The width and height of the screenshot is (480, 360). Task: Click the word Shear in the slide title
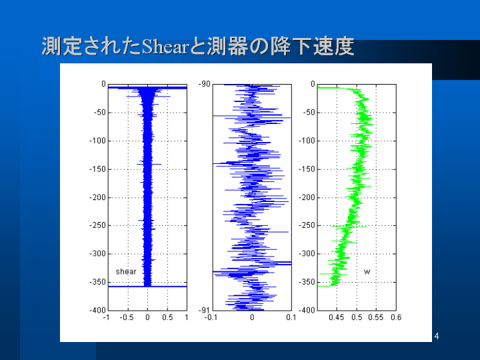165,47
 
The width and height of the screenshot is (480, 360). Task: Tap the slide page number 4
437,336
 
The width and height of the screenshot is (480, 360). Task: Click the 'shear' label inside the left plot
126,271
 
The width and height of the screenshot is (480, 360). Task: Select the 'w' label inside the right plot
367,272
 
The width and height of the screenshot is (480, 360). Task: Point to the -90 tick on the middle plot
204,84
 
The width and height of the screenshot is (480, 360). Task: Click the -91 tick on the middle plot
204,311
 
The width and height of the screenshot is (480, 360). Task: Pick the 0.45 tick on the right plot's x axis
337,317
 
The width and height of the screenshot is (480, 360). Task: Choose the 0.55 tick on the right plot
376,317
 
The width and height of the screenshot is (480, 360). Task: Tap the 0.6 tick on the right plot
396,317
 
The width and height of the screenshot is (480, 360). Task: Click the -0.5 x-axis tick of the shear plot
127,317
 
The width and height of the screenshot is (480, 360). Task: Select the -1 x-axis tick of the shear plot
106,317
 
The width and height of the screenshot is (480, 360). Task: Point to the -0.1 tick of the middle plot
211,317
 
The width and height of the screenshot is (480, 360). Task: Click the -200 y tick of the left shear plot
97,197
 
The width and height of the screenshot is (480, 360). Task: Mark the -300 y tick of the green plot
307,254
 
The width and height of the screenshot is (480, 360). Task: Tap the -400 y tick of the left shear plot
97,311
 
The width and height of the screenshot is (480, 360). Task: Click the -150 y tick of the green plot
307,169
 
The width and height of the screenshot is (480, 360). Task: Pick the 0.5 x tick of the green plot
357,317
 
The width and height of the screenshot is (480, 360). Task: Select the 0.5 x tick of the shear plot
167,317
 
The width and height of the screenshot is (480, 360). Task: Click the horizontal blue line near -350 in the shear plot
147,287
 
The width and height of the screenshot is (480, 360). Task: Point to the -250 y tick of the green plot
307,225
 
